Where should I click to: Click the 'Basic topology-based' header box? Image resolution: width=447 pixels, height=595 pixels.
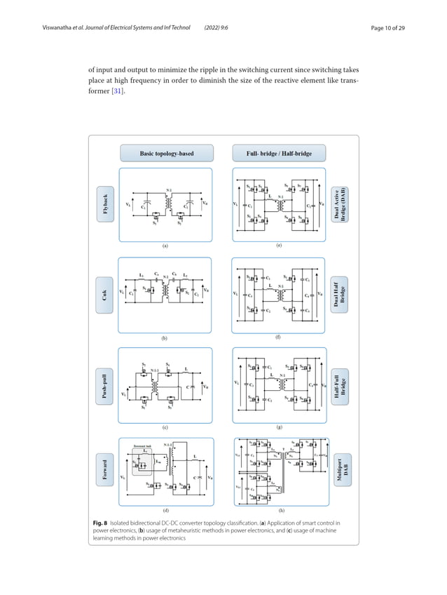(x=167, y=153)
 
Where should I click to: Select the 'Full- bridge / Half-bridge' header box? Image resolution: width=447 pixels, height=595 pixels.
(x=279, y=153)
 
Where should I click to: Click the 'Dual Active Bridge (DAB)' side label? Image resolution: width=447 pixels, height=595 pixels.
(x=340, y=204)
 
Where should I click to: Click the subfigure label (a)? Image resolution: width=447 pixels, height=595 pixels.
(x=165, y=246)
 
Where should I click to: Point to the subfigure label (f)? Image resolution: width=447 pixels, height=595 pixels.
(x=278, y=337)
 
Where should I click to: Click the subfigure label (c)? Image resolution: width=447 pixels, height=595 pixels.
(x=165, y=427)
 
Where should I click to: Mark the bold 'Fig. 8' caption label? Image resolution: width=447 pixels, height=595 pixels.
(x=100, y=523)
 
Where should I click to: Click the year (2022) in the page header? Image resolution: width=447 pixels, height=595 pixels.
(x=214, y=28)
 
